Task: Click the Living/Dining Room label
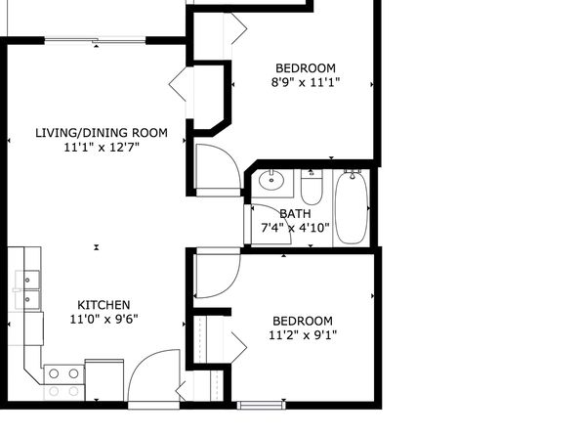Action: (102, 133)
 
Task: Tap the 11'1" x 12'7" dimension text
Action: (102, 148)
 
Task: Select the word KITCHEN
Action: (104, 305)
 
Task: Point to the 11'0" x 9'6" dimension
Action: (104, 319)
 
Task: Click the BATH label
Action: (295, 214)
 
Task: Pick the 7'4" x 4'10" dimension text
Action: (296, 228)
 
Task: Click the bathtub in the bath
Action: (352, 208)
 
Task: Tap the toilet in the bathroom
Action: (312, 187)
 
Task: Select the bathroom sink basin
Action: (271, 180)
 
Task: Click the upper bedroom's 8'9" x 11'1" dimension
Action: (306, 82)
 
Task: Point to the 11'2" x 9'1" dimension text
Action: (303, 335)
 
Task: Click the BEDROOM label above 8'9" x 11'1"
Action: (306, 68)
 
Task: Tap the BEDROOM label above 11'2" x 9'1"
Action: (303, 321)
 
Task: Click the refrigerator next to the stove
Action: (104, 380)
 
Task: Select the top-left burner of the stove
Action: (54, 373)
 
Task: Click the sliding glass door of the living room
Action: (95, 40)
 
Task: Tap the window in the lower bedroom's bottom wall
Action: (262, 405)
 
